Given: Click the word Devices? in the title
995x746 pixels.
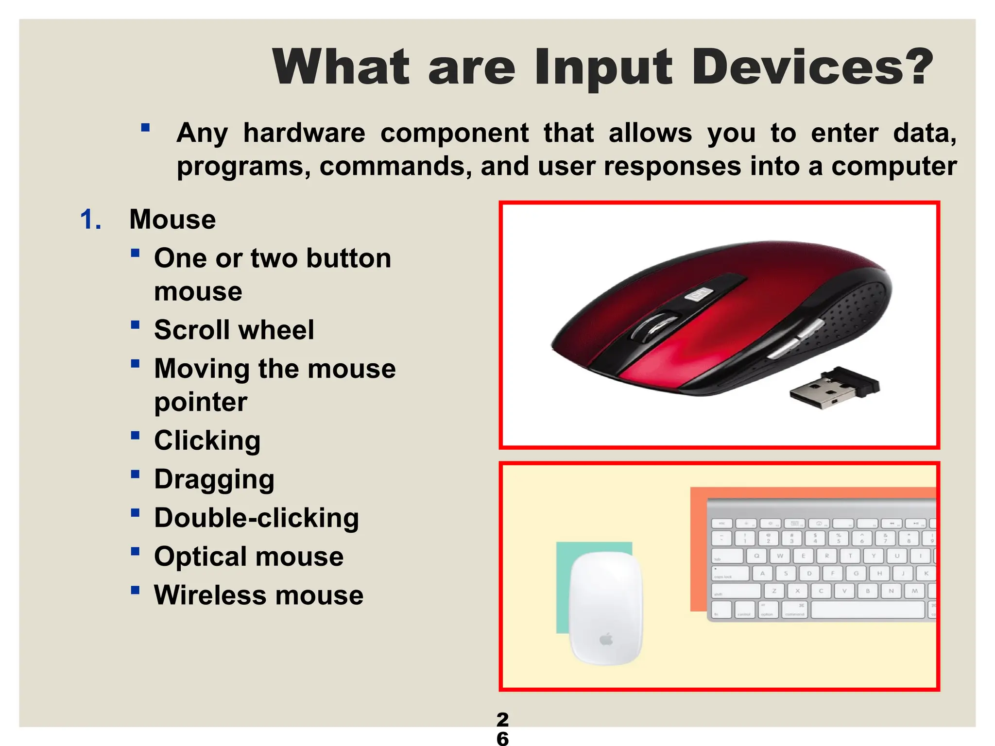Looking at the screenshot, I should (x=811, y=67).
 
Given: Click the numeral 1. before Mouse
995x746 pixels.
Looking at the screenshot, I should (x=91, y=219).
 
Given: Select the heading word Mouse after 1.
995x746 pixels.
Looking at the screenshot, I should (x=172, y=219).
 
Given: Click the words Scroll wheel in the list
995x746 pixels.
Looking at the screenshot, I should (x=234, y=330).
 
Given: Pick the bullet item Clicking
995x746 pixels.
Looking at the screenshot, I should (x=207, y=441).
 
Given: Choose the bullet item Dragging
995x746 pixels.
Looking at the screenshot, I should (x=214, y=479).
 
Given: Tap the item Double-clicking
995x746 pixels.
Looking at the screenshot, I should (x=257, y=518).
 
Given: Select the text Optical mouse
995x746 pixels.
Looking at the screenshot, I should (x=248, y=556).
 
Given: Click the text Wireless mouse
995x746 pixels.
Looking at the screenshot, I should (x=258, y=595).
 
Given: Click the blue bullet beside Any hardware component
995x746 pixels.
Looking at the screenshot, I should (x=145, y=128).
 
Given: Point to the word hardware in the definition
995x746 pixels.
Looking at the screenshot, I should (x=304, y=133).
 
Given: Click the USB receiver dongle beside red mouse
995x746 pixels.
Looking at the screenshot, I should (x=834, y=388).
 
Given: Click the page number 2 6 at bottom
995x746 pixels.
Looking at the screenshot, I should (x=502, y=729).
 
